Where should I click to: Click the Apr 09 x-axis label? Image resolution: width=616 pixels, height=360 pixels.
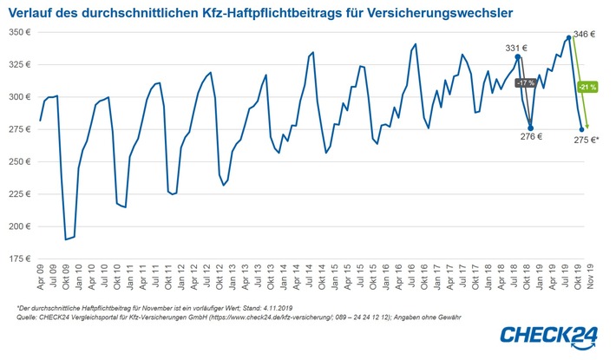point(41,276)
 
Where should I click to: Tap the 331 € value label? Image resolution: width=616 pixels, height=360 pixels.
point(518,49)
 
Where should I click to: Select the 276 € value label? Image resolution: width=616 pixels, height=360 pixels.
point(531,136)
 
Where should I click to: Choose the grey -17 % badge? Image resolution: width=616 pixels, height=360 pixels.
point(524,83)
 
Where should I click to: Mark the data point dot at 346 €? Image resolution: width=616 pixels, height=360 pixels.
point(569,37)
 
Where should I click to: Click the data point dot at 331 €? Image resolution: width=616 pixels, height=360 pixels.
point(518,57)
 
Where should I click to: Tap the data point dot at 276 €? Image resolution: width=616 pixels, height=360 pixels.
point(530,128)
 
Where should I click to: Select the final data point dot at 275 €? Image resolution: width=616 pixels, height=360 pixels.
point(581,129)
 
